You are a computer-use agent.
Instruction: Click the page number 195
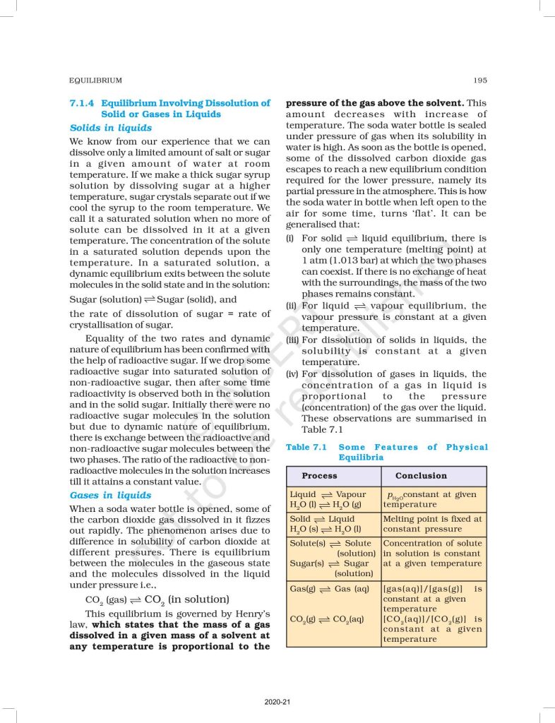[480, 80]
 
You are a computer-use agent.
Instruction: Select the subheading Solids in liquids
[110, 128]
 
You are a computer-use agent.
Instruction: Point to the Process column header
[319, 475]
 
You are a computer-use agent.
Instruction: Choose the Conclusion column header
[421, 475]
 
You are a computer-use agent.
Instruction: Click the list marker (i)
[290, 239]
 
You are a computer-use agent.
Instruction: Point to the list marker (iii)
[292, 340]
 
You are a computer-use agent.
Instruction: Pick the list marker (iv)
[292, 374]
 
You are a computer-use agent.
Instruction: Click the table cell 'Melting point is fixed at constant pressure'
[432, 523]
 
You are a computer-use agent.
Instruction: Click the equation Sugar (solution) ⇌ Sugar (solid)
[152, 299]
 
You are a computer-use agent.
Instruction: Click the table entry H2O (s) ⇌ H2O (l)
[326, 529]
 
